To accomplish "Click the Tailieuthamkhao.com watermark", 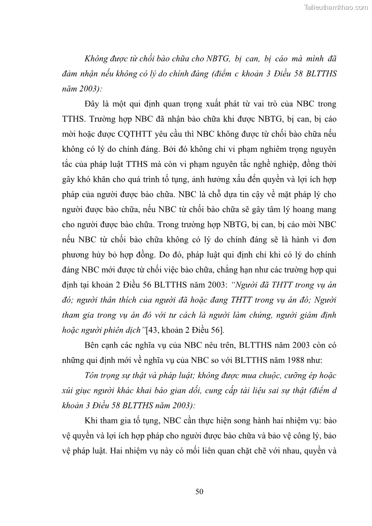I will click(336, 7).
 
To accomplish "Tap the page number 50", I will click(199, 491).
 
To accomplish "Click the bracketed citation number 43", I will click(153, 330).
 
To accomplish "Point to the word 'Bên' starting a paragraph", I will click(93, 345).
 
